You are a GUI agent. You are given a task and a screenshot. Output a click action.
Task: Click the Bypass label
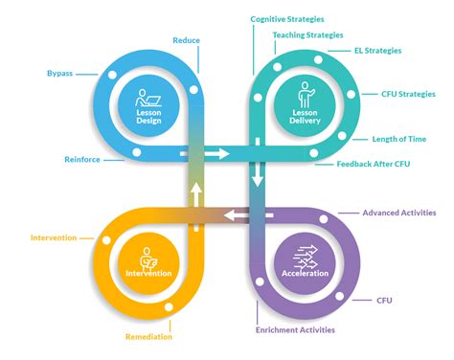pyautogui.click(x=59, y=74)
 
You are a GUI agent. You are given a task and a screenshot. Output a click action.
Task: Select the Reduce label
pyautogui.click(x=187, y=40)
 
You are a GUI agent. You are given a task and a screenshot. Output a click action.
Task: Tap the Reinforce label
pyautogui.click(x=82, y=160)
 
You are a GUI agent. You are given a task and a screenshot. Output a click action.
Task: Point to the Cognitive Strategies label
pyautogui.click(x=287, y=19)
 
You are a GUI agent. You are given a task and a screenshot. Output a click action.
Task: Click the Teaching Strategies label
pyautogui.click(x=307, y=35)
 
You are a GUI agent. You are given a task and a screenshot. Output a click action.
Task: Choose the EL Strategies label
pyautogui.click(x=378, y=51)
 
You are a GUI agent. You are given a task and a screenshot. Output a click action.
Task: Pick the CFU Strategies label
pyautogui.click(x=408, y=94)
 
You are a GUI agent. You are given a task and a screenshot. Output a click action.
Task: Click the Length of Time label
pyautogui.click(x=399, y=139)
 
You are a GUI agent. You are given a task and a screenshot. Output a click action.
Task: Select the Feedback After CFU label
pyautogui.click(x=374, y=164)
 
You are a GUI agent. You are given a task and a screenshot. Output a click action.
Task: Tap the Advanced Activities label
pyautogui.click(x=399, y=213)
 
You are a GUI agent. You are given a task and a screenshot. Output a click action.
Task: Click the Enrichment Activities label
pyautogui.click(x=295, y=330)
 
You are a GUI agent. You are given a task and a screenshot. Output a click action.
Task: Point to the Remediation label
pyautogui.click(x=148, y=337)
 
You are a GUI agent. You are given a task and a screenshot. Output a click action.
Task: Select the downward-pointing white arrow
pyautogui.click(x=258, y=163)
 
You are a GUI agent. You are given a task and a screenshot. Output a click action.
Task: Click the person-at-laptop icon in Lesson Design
pyautogui.click(x=148, y=98)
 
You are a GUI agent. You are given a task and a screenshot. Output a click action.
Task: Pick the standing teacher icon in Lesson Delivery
pyautogui.click(x=306, y=95)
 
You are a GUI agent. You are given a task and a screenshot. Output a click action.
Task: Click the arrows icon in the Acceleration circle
pyautogui.click(x=306, y=257)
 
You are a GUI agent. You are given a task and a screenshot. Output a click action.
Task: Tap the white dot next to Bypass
pyautogui.click(x=112, y=75)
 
